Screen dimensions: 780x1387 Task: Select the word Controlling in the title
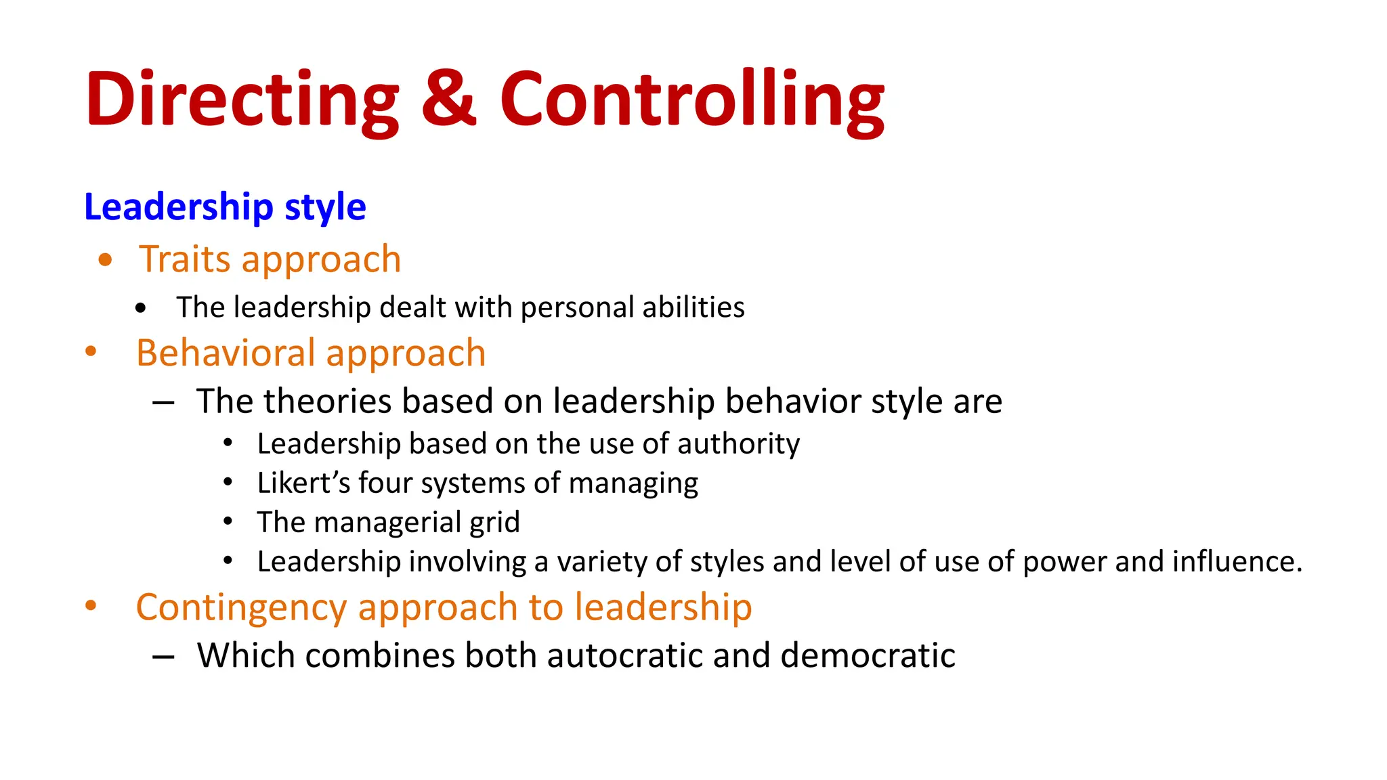[x=692, y=100]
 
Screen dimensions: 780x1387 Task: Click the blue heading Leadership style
[x=225, y=207]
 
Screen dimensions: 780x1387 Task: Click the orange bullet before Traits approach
[x=105, y=260]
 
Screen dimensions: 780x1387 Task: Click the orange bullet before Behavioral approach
[x=91, y=351]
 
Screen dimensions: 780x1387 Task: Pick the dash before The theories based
[x=163, y=403]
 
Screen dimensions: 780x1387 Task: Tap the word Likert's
[x=303, y=483]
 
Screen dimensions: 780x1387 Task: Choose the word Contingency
[x=241, y=607]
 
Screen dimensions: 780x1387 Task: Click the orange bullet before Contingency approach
[x=91, y=606]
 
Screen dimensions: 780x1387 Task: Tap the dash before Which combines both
[x=163, y=657]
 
